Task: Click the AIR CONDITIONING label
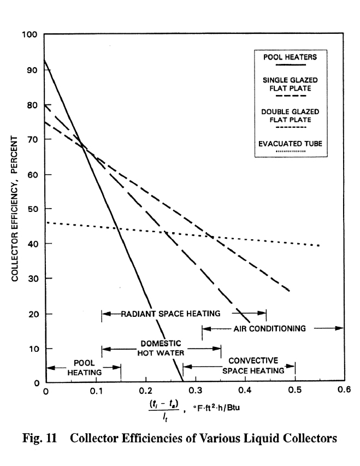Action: [269, 328]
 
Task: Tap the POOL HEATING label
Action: [84, 368]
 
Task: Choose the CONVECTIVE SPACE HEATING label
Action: [253, 365]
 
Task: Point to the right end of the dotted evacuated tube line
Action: [319, 245]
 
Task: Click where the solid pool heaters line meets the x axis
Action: [182, 382]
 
